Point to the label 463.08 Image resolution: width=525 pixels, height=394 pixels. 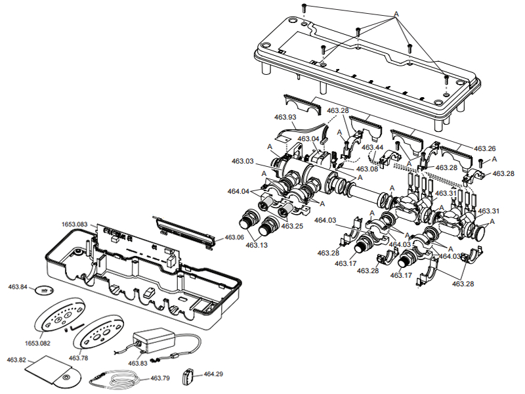coord(366,169)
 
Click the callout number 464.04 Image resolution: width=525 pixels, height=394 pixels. coord(240,192)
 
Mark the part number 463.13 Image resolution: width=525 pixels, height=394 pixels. coord(257,245)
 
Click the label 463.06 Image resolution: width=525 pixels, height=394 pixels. coord(234,237)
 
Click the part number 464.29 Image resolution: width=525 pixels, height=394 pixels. coord(213,374)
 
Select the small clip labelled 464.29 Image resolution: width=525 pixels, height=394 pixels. coord(189,377)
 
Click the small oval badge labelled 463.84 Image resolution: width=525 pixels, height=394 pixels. coord(44,290)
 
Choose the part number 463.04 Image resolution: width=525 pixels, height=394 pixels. coord(308,139)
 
